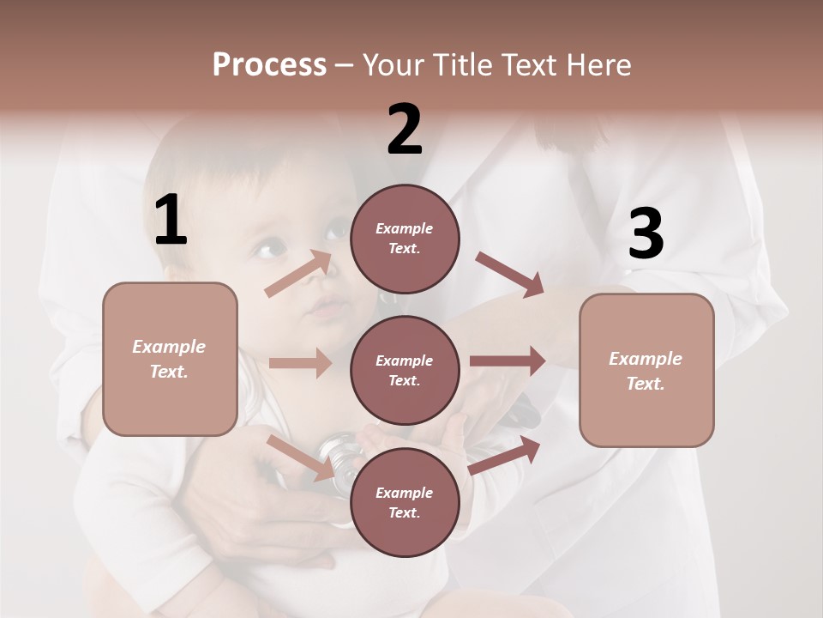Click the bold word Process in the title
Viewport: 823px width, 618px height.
click(x=269, y=64)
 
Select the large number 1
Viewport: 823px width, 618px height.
click(x=171, y=221)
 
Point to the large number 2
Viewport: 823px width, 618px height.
click(x=404, y=130)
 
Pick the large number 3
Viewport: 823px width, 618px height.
click(x=646, y=234)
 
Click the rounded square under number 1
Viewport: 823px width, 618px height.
click(x=170, y=359)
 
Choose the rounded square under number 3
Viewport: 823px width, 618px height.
click(x=646, y=370)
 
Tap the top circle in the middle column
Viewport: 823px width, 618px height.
click(x=405, y=238)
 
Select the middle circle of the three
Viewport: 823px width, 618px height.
click(x=405, y=370)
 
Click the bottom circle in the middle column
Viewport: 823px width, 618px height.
click(x=405, y=502)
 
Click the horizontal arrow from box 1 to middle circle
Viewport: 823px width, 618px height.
click(x=300, y=363)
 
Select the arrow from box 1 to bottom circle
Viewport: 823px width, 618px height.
click(x=300, y=457)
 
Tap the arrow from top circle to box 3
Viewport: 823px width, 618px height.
click(x=509, y=274)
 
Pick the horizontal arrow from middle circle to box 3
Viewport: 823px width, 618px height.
click(x=508, y=361)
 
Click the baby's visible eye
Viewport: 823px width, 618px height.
click(x=268, y=250)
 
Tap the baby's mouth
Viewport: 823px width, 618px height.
click(x=327, y=306)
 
